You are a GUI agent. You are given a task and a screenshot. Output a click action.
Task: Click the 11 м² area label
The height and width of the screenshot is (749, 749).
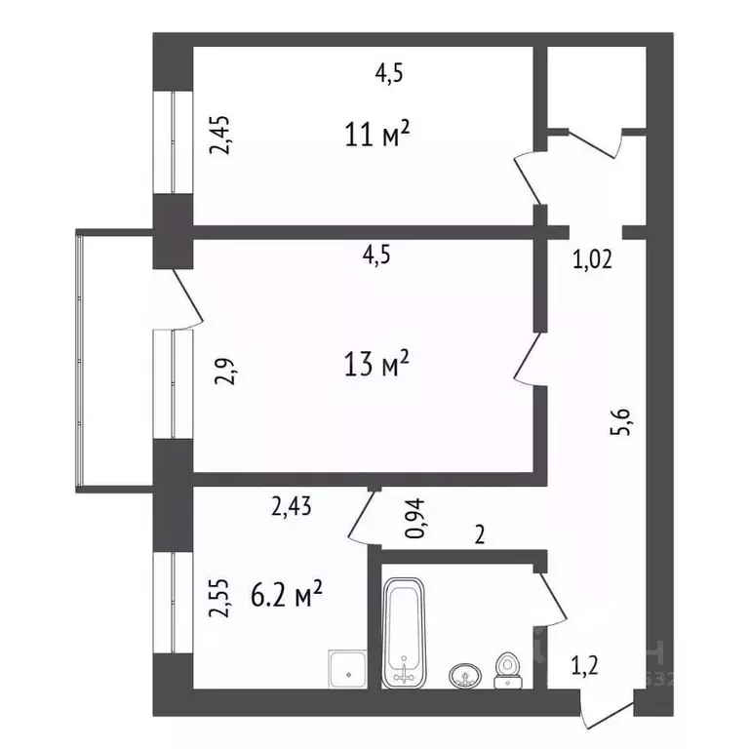click(x=374, y=134)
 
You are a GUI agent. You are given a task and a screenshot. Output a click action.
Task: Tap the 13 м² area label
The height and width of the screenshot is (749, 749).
click(x=374, y=366)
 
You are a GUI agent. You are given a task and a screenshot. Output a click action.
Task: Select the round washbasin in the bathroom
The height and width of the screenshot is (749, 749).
click(x=464, y=675)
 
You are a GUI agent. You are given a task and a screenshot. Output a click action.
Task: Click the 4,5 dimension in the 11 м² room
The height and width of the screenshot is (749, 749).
click(x=389, y=70)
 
